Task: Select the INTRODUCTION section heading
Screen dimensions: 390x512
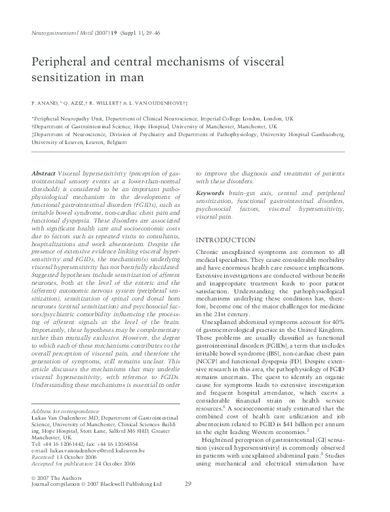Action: (230, 221)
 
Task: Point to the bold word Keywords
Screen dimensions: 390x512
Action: (212, 194)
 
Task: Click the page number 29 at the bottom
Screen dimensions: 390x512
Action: (188, 502)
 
